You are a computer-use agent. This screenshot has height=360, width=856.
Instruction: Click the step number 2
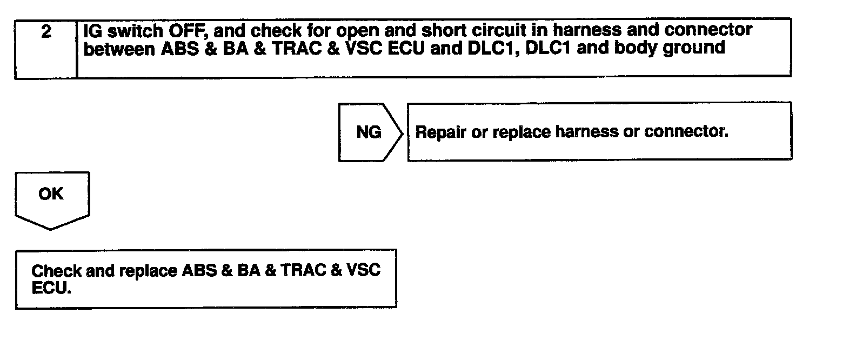pos(46,32)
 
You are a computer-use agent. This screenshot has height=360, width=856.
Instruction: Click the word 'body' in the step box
pos(637,49)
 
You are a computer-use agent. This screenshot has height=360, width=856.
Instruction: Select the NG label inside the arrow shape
pos(369,132)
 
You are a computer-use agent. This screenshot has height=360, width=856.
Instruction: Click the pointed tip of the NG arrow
pos(402,132)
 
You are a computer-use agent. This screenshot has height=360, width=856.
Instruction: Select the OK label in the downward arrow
pos(51,194)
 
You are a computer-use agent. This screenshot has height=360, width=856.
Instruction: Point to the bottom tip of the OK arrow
pos(51,229)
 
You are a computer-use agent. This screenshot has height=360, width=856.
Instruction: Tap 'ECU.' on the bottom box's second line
pos(51,288)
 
